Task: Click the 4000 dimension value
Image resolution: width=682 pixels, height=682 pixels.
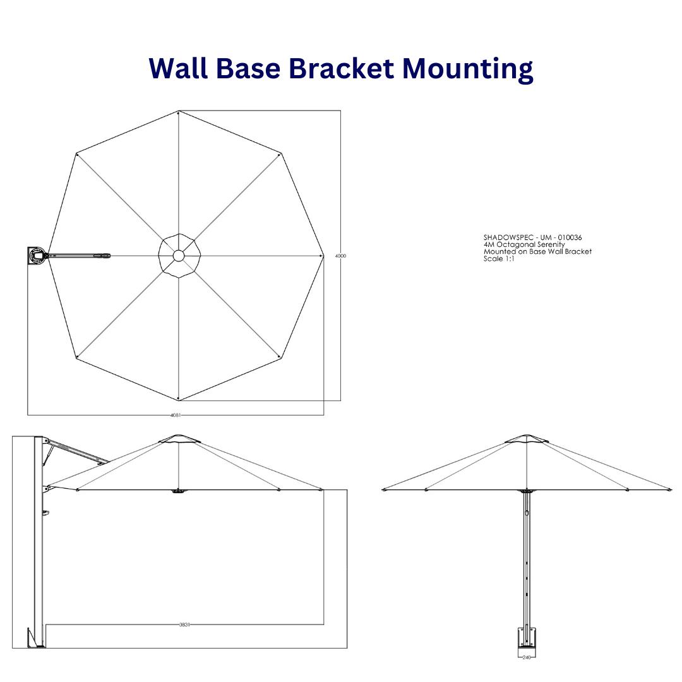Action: tap(340, 256)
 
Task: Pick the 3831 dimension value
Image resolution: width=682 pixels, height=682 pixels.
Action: tap(184, 625)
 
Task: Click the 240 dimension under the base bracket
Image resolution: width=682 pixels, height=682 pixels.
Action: tap(526, 657)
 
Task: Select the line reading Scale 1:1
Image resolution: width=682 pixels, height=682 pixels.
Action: tap(499, 259)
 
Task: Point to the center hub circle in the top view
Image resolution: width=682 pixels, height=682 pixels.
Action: tap(179, 256)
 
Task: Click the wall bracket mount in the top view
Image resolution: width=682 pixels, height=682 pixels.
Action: tap(37, 256)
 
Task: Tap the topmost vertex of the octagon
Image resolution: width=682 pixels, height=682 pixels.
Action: tap(179, 112)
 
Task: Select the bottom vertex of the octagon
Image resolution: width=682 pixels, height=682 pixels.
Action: tap(179, 399)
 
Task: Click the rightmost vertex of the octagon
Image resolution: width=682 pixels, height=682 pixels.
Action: tap(323, 256)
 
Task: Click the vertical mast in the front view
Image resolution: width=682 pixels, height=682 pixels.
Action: tap(527, 556)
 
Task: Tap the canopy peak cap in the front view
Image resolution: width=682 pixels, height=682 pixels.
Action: tap(527, 438)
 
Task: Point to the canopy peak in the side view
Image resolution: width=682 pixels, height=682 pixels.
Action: tap(179, 438)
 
